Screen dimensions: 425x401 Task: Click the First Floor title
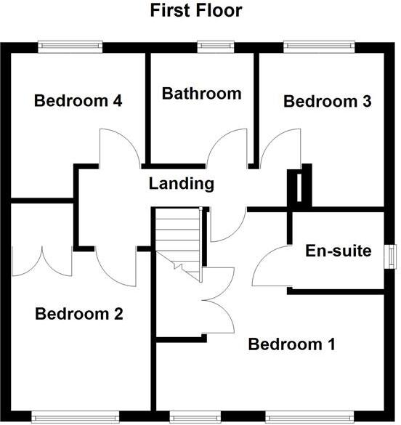click(x=196, y=11)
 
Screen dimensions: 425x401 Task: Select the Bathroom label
click(x=201, y=93)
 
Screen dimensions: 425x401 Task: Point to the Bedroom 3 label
click(x=327, y=101)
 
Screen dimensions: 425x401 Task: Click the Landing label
click(x=182, y=183)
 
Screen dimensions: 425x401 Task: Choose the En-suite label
click(x=338, y=251)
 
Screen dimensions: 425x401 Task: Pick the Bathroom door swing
click(x=226, y=149)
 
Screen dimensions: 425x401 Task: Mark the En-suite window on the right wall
click(x=392, y=254)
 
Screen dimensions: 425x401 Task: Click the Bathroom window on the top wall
click(x=211, y=46)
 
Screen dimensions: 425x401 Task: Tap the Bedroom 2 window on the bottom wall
click(x=75, y=417)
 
